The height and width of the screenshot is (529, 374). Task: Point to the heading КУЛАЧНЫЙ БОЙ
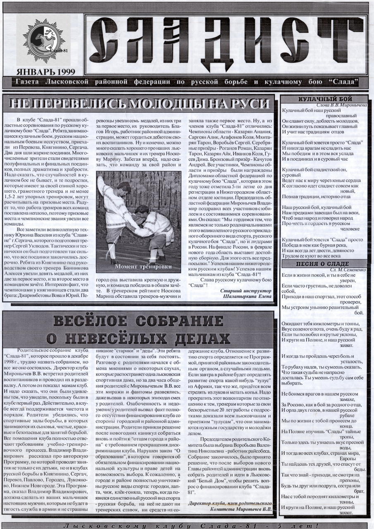(x=325, y=99)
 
